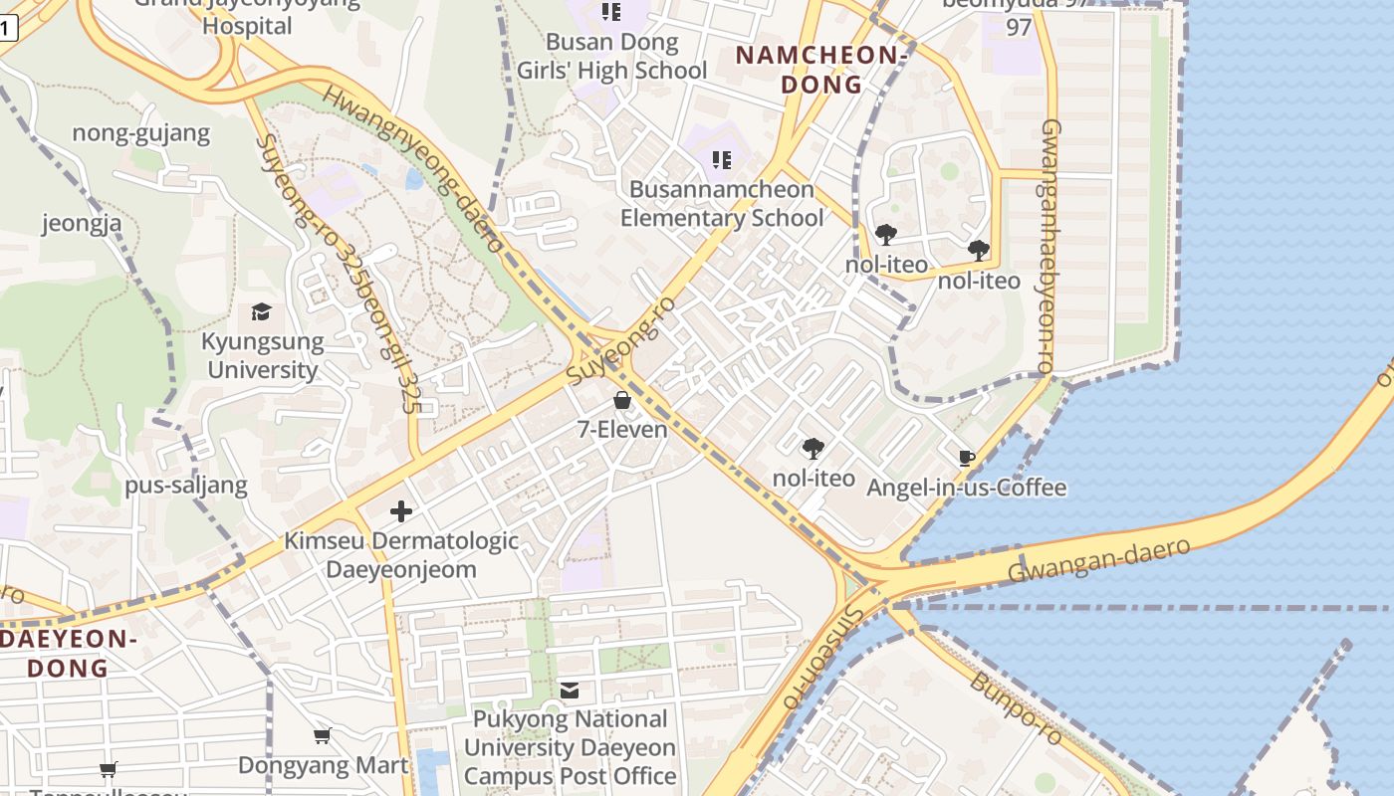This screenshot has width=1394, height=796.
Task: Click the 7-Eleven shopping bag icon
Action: (x=622, y=400)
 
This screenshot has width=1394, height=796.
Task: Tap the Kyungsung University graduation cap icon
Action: (x=261, y=311)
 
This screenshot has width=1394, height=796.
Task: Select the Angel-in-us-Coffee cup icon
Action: (x=965, y=458)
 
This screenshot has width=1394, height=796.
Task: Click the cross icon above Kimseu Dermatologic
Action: (x=401, y=511)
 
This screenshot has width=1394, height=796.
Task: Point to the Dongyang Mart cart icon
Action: (x=322, y=736)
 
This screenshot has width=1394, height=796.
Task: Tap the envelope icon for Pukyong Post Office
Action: (x=570, y=690)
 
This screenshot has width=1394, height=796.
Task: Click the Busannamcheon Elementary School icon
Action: (x=722, y=159)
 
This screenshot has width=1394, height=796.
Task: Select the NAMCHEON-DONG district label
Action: (x=821, y=70)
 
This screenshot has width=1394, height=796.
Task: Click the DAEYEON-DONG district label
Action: (x=68, y=653)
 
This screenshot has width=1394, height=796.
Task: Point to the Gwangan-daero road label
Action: (x=1098, y=560)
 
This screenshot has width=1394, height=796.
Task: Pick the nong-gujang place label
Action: (x=141, y=133)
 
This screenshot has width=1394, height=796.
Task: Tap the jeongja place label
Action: (x=82, y=223)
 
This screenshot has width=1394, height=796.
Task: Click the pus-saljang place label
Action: (x=186, y=486)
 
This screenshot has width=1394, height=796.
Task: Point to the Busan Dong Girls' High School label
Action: (x=611, y=57)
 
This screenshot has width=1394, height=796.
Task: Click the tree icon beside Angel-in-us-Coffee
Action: (x=813, y=448)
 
